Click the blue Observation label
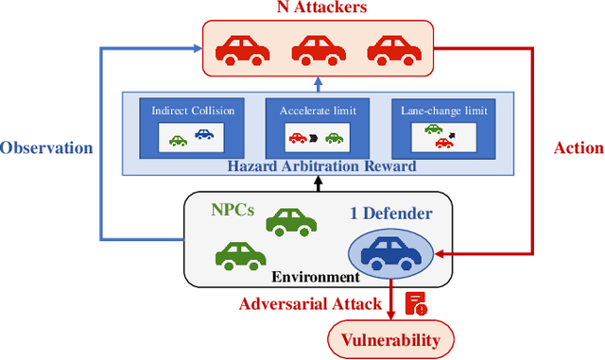[47, 147]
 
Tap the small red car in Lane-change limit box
[441, 144]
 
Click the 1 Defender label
[391, 214]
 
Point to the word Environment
[316, 277]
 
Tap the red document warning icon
[417, 302]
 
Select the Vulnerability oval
[390, 338]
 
